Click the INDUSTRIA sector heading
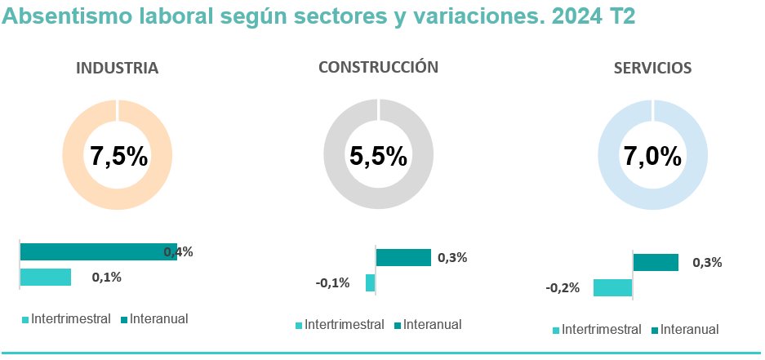(117, 69)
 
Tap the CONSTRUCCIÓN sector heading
(378, 68)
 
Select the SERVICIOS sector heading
(652, 69)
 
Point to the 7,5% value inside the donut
(118, 156)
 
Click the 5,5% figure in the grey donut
(378, 156)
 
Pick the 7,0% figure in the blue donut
(652, 156)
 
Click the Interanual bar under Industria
(98, 251)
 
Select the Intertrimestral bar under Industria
(46, 277)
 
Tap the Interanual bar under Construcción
(403, 258)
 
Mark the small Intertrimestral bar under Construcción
(371, 283)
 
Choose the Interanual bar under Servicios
(656, 262)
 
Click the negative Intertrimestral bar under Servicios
(612, 287)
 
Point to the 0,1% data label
(107, 278)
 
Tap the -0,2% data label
(563, 287)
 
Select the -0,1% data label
(332, 283)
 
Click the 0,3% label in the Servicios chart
(706, 263)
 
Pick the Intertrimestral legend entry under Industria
(66, 318)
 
